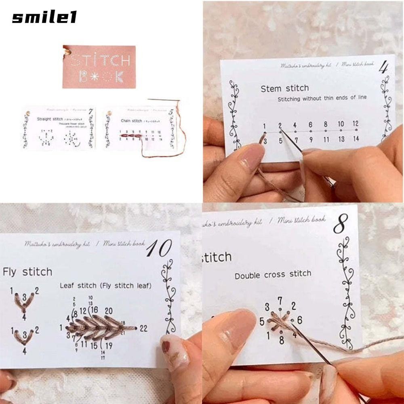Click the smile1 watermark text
pos(44,18)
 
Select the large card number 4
pos(382,67)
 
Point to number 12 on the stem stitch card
pos(356,124)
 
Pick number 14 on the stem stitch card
pos(356,139)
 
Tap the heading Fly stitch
pos(27,272)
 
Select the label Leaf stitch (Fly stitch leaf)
pos(105,286)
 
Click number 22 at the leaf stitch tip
pos(143,328)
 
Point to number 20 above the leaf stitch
pos(108,311)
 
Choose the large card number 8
pos(340,226)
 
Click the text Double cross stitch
pos(273,275)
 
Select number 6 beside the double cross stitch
pos(299,320)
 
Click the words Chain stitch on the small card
pos(131,120)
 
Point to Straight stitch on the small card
pos(50,119)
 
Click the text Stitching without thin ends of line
pos(322,98)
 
